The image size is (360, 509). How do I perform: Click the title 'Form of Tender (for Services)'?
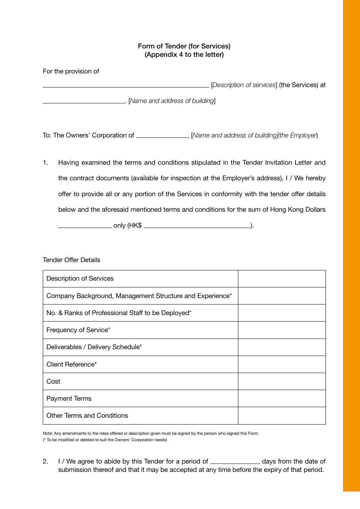pyautogui.click(x=184, y=46)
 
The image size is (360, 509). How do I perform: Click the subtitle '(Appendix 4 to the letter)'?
pyautogui.click(x=184, y=55)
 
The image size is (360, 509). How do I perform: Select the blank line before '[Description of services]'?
pyautogui.click(x=125, y=86)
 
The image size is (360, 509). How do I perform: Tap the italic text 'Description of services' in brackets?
pyautogui.click(x=244, y=85)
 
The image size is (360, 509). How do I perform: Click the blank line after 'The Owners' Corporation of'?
pyautogui.click(x=163, y=137)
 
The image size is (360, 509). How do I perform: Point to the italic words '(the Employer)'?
pyautogui.click(x=298, y=135)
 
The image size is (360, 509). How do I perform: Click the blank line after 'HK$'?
pyautogui.click(x=197, y=227)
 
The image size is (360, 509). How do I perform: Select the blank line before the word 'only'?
pyautogui.click(x=85, y=227)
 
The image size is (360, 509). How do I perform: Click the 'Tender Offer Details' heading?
pyautogui.click(x=72, y=260)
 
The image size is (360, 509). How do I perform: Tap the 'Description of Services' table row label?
pyautogui.click(x=80, y=278)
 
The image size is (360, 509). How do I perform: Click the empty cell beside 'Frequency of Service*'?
pyautogui.click(x=282, y=330)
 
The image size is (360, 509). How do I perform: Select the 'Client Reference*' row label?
pyautogui.click(x=72, y=364)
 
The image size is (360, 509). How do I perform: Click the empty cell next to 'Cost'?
pyautogui.click(x=282, y=381)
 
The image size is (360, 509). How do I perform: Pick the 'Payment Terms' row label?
pyautogui.click(x=69, y=398)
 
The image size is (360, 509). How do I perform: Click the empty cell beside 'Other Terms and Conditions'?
pyautogui.click(x=282, y=415)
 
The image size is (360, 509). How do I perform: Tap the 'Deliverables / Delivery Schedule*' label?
pyautogui.click(x=94, y=347)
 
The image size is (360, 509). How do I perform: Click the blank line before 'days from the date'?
pyautogui.click(x=235, y=463)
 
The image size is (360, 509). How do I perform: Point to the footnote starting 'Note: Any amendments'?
pyautogui.click(x=151, y=433)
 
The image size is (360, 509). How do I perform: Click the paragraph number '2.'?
pyautogui.click(x=45, y=461)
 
